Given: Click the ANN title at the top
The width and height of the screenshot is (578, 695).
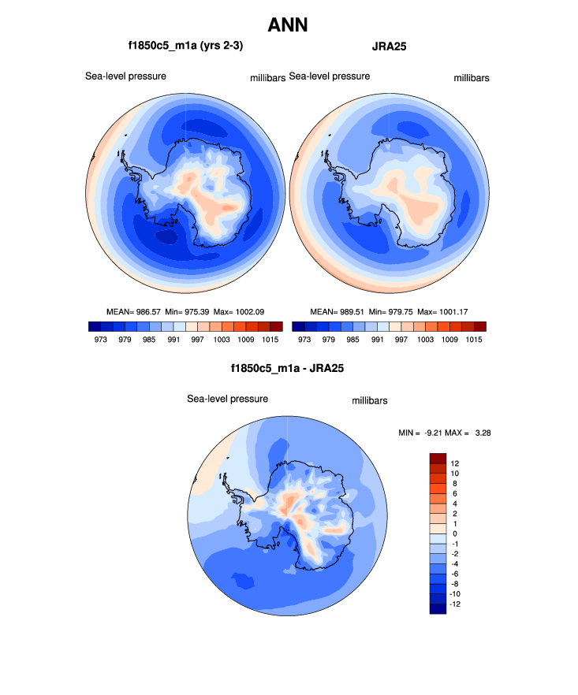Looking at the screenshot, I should pos(288,25).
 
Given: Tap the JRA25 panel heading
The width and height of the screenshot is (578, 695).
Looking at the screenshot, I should pos(390,46).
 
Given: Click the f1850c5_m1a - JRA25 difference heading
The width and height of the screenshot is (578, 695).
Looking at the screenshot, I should pos(288,367).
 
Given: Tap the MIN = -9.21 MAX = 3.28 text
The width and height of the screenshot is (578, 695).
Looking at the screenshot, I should pos(446,433).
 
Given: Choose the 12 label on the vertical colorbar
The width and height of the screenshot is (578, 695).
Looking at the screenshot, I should pos(455,463).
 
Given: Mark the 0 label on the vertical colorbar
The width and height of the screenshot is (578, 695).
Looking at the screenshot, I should pos(454,533).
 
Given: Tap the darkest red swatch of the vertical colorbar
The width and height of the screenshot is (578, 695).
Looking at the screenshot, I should pos(438,458).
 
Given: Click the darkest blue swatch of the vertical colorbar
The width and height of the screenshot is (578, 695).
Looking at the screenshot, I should pos(438,608).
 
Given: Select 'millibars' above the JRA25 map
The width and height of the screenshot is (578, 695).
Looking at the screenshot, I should pos(472,77).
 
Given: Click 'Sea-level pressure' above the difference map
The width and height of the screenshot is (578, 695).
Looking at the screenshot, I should pos(227,399).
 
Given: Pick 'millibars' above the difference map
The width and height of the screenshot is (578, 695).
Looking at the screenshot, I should pos(369,400).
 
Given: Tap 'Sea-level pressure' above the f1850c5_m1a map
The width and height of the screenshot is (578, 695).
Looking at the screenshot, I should pos(125,76).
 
